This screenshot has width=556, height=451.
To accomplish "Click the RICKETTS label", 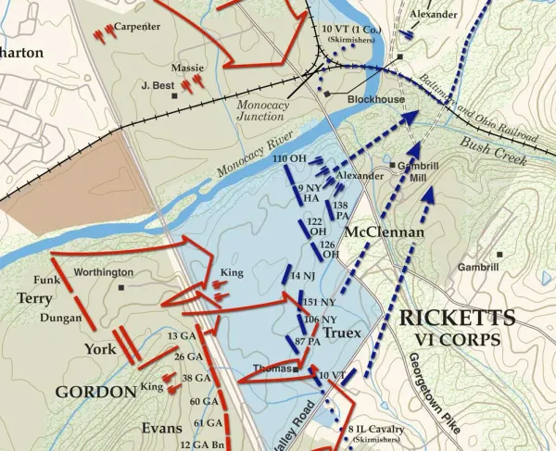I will pyautogui.click(x=449, y=319).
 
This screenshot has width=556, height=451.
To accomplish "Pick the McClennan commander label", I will pyautogui.click(x=384, y=231).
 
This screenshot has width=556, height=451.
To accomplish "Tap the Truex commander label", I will pyautogui.click(x=342, y=332).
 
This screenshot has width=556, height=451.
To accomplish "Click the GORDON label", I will pyautogui.click(x=96, y=392).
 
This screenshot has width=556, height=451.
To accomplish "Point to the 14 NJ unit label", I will pyautogui.click(x=303, y=277).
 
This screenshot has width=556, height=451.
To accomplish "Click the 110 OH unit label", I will pyautogui.click(x=289, y=159).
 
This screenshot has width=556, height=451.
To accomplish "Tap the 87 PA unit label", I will pyautogui.click(x=309, y=342).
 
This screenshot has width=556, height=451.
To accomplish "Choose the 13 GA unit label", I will pyautogui.click(x=181, y=334).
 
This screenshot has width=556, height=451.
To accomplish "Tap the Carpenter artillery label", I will pyautogui.click(x=137, y=26).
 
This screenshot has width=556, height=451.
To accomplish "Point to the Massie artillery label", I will pyautogui.click(x=187, y=68).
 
